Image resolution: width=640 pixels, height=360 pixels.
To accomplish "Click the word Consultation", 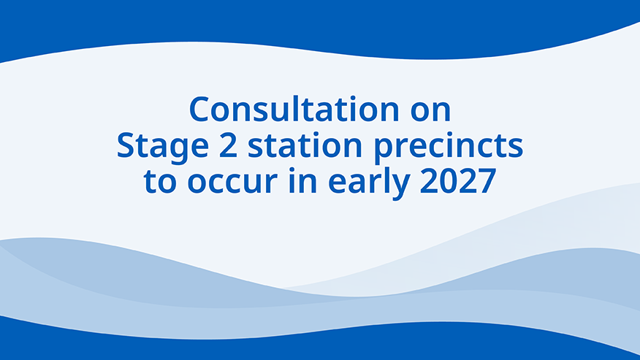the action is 294,109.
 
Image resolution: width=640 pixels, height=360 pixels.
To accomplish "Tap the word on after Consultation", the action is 430,112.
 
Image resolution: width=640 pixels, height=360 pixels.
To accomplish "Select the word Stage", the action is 162,147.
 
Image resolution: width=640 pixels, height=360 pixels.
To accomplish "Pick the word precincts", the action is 449,146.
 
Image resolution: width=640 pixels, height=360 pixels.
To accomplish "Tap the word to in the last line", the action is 160,181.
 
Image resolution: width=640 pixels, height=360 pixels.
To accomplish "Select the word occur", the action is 232,184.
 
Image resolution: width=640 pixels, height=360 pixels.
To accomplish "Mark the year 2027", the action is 458,181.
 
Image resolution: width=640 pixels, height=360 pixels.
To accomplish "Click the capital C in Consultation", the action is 199,110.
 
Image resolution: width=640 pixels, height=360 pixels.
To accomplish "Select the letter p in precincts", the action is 384,152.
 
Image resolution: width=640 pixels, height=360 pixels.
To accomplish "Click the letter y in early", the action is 400,188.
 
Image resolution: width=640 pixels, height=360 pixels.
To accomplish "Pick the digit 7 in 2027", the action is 487,181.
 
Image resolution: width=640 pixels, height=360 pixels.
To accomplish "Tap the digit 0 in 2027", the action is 448,181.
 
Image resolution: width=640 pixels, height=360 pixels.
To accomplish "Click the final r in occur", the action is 271,184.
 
